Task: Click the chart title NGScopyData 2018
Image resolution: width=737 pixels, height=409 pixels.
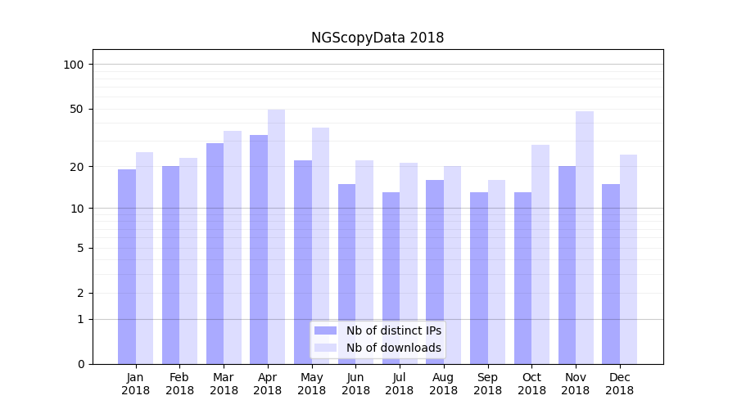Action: point(378,38)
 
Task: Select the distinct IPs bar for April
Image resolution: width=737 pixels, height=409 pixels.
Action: point(259,249)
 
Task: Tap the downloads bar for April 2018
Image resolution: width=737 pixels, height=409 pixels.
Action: point(276,236)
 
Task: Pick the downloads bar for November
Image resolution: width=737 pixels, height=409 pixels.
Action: point(585,237)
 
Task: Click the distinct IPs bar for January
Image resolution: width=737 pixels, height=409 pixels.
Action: point(127,267)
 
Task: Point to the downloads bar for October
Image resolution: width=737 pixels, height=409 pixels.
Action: point(540,254)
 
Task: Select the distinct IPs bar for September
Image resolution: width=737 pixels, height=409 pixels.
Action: point(479,278)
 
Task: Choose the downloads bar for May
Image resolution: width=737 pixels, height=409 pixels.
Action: point(320,245)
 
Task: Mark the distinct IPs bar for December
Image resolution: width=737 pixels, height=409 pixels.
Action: point(611,274)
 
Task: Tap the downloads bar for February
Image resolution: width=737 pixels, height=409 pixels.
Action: point(188,261)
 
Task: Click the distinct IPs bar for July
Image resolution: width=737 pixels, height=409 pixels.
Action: point(391,278)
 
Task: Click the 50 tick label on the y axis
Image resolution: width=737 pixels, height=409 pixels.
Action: point(77,109)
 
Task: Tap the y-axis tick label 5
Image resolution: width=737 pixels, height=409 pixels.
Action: point(80,248)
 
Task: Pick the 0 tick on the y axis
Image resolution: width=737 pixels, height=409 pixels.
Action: point(80,364)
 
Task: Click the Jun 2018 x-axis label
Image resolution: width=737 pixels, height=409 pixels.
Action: point(355,384)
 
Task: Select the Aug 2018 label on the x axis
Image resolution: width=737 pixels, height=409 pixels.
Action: point(444,384)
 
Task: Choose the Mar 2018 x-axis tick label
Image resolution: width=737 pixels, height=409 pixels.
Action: point(224,384)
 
